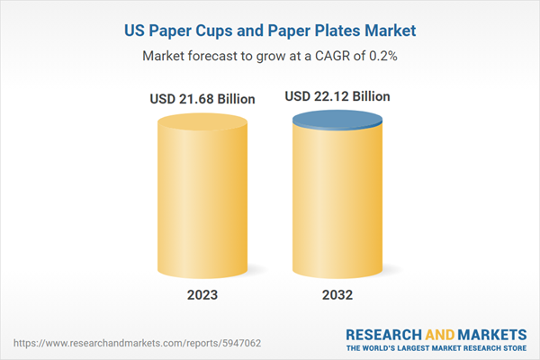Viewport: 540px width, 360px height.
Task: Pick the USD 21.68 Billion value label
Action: coord(202,98)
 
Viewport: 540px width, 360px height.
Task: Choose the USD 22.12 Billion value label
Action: coord(338,95)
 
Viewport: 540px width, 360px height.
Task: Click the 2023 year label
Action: coord(202,294)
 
